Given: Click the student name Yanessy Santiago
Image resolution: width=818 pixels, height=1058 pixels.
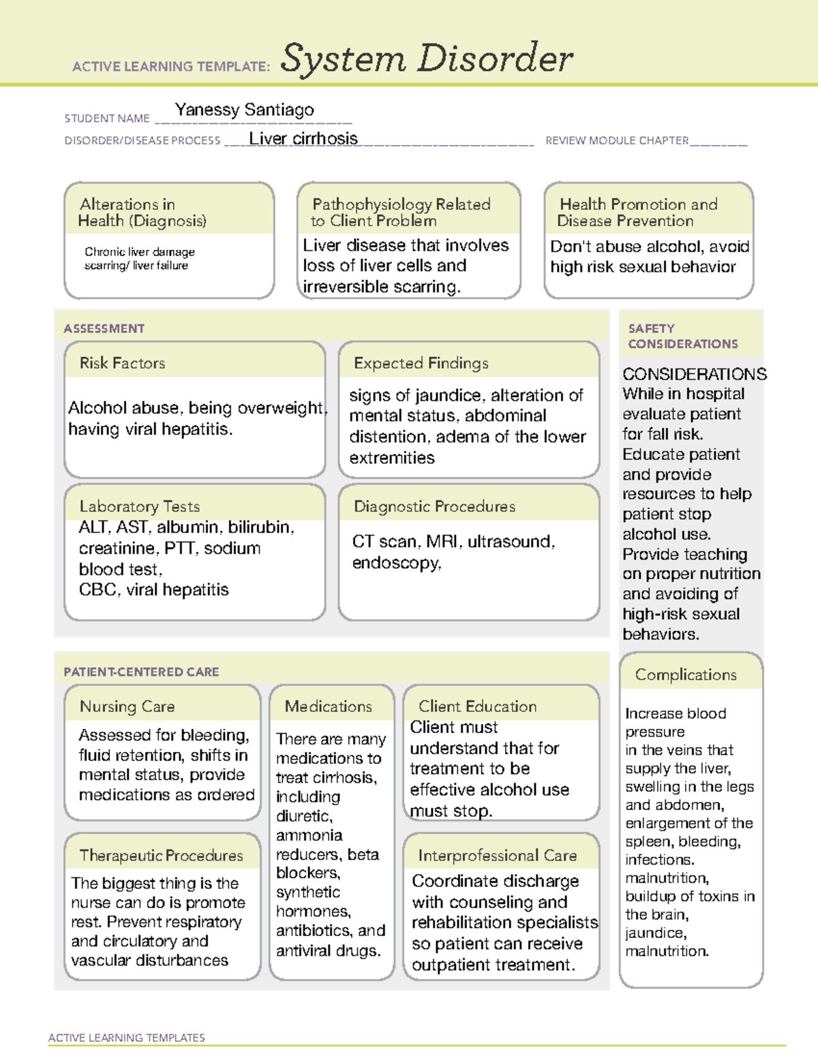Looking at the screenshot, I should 244,110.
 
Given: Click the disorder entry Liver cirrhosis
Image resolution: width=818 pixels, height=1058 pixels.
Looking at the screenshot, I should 303,138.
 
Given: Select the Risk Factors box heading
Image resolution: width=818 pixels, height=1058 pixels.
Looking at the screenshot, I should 122,363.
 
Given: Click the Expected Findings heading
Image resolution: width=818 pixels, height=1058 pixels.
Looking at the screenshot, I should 421,363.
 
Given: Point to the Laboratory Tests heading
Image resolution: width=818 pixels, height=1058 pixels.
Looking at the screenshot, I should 139,506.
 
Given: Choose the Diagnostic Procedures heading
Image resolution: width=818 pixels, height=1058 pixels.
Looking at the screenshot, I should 434,506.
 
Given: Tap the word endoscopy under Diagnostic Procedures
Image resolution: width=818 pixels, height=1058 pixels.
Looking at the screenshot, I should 395,563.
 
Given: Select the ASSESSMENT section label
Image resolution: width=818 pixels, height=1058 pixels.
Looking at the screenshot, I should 104,328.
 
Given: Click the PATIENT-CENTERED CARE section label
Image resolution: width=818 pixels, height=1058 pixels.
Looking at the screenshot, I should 141,672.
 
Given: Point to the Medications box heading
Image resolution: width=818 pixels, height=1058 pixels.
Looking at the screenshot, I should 328,706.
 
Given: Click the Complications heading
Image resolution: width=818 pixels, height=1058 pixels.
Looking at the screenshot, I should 685,674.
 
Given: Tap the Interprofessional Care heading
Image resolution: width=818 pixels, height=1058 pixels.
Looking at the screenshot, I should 497,855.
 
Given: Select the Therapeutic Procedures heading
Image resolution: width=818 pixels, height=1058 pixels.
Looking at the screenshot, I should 161,855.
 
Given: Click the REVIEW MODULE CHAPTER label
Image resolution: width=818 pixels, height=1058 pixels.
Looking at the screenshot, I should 616,140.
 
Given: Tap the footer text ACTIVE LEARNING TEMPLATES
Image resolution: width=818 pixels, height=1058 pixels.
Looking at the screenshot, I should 126,1038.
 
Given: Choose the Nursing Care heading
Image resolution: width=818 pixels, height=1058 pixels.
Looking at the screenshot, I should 127,706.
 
